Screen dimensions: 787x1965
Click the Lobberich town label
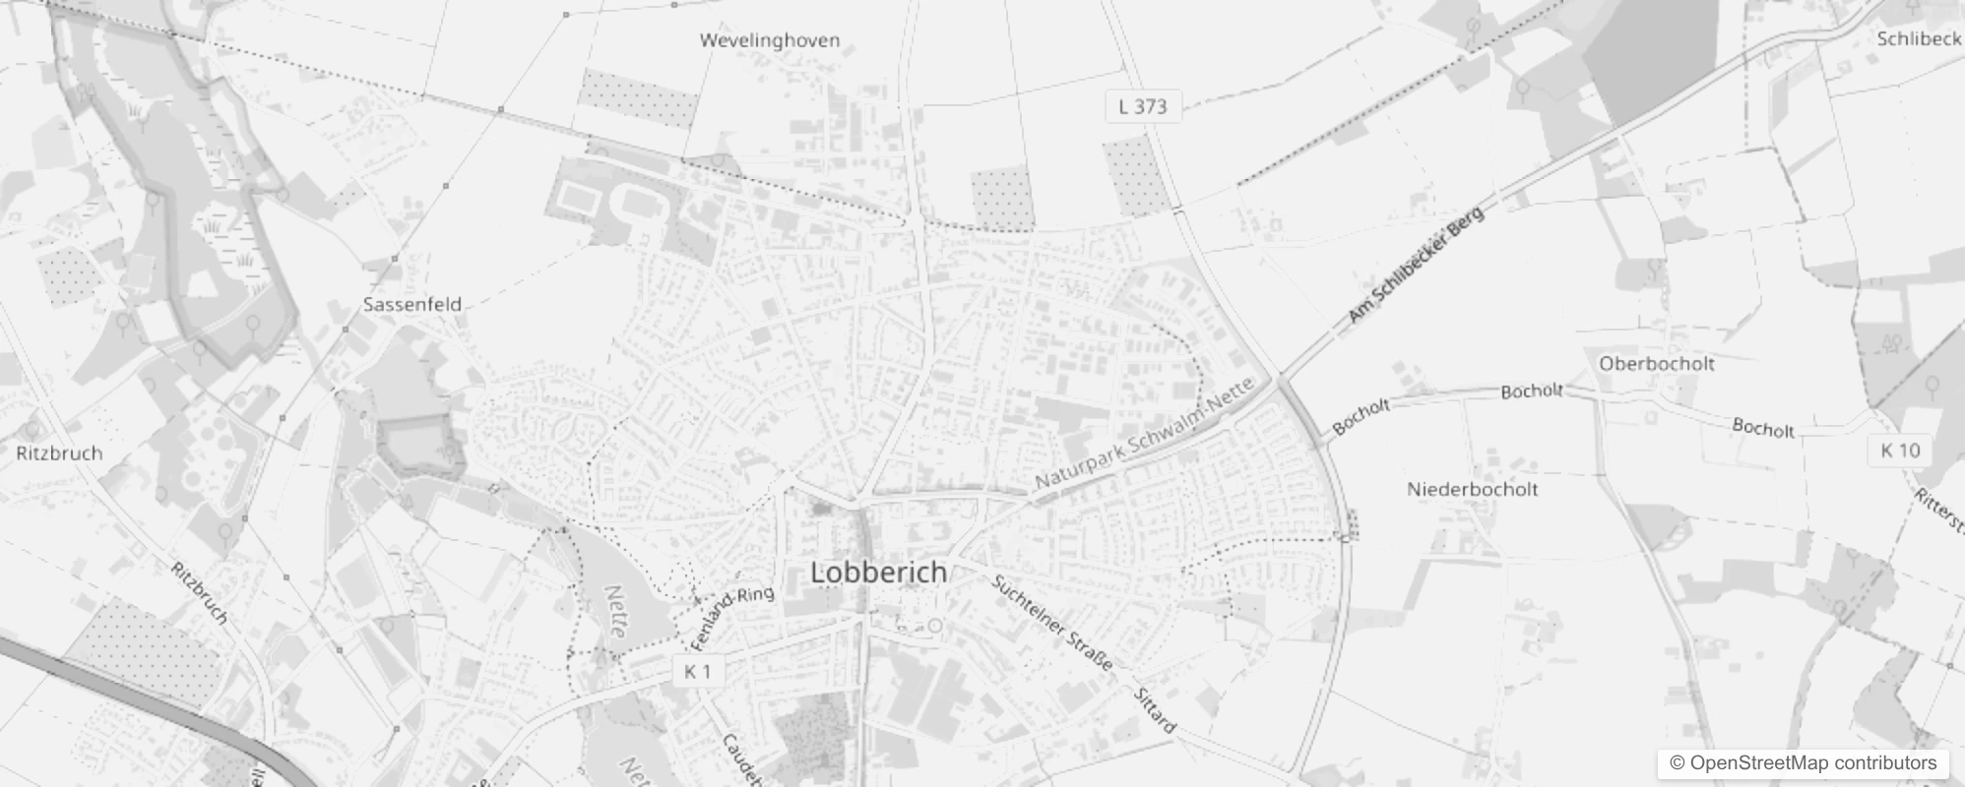[878, 572]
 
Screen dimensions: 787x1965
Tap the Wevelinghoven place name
[770, 40]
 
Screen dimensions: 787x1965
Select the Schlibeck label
[1919, 38]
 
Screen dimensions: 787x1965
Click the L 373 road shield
[1142, 106]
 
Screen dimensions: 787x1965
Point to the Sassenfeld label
[412, 304]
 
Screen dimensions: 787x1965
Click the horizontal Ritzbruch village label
[59, 453]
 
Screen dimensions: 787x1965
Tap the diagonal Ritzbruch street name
[200, 593]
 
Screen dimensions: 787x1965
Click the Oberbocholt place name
[1657, 363]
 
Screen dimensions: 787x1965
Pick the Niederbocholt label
[1472, 489]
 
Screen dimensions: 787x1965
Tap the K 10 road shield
[1899, 451]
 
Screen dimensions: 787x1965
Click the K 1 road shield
[697, 671]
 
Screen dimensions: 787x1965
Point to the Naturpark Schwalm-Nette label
[1144, 434]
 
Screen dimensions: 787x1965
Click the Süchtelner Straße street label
[1052, 624]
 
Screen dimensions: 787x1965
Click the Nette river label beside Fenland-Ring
[615, 612]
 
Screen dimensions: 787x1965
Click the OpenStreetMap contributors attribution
[1803, 763]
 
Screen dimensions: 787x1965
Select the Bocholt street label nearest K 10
[1762, 428]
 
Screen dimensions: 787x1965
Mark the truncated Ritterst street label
[1940, 513]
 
